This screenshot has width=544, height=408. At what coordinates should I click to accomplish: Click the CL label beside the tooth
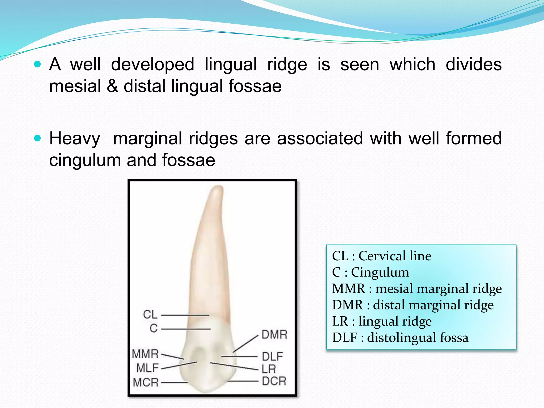pos(150,314)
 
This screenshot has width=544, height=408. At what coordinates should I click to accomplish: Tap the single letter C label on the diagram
pos(154,328)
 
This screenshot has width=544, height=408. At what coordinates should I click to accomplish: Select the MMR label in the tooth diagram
pos(145,354)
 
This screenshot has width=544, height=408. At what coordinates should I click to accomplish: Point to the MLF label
pos(147,368)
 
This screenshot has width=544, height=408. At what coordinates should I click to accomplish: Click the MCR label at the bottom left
pos(146,382)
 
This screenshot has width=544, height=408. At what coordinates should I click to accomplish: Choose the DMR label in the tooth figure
pos(274,335)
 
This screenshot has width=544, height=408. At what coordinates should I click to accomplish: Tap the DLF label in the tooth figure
pos(272,356)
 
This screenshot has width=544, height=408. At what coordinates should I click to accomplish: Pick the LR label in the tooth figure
pos(269,369)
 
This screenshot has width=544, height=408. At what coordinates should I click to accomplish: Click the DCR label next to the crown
pos(274,381)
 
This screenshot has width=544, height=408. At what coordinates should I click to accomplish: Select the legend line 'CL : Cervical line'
pos(381,256)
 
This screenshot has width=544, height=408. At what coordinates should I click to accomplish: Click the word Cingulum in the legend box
pos(380,272)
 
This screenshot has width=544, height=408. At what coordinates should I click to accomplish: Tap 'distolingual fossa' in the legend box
pos(418,338)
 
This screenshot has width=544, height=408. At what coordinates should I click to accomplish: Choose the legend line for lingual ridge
pos(382,321)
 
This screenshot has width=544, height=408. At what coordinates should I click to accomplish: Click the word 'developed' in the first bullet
pos(152,65)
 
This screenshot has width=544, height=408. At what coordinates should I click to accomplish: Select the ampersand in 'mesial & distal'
pos(112,86)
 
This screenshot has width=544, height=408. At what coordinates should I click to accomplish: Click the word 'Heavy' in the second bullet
pos(75,139)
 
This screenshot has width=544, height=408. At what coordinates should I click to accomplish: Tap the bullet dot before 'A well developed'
pos(38,64)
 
